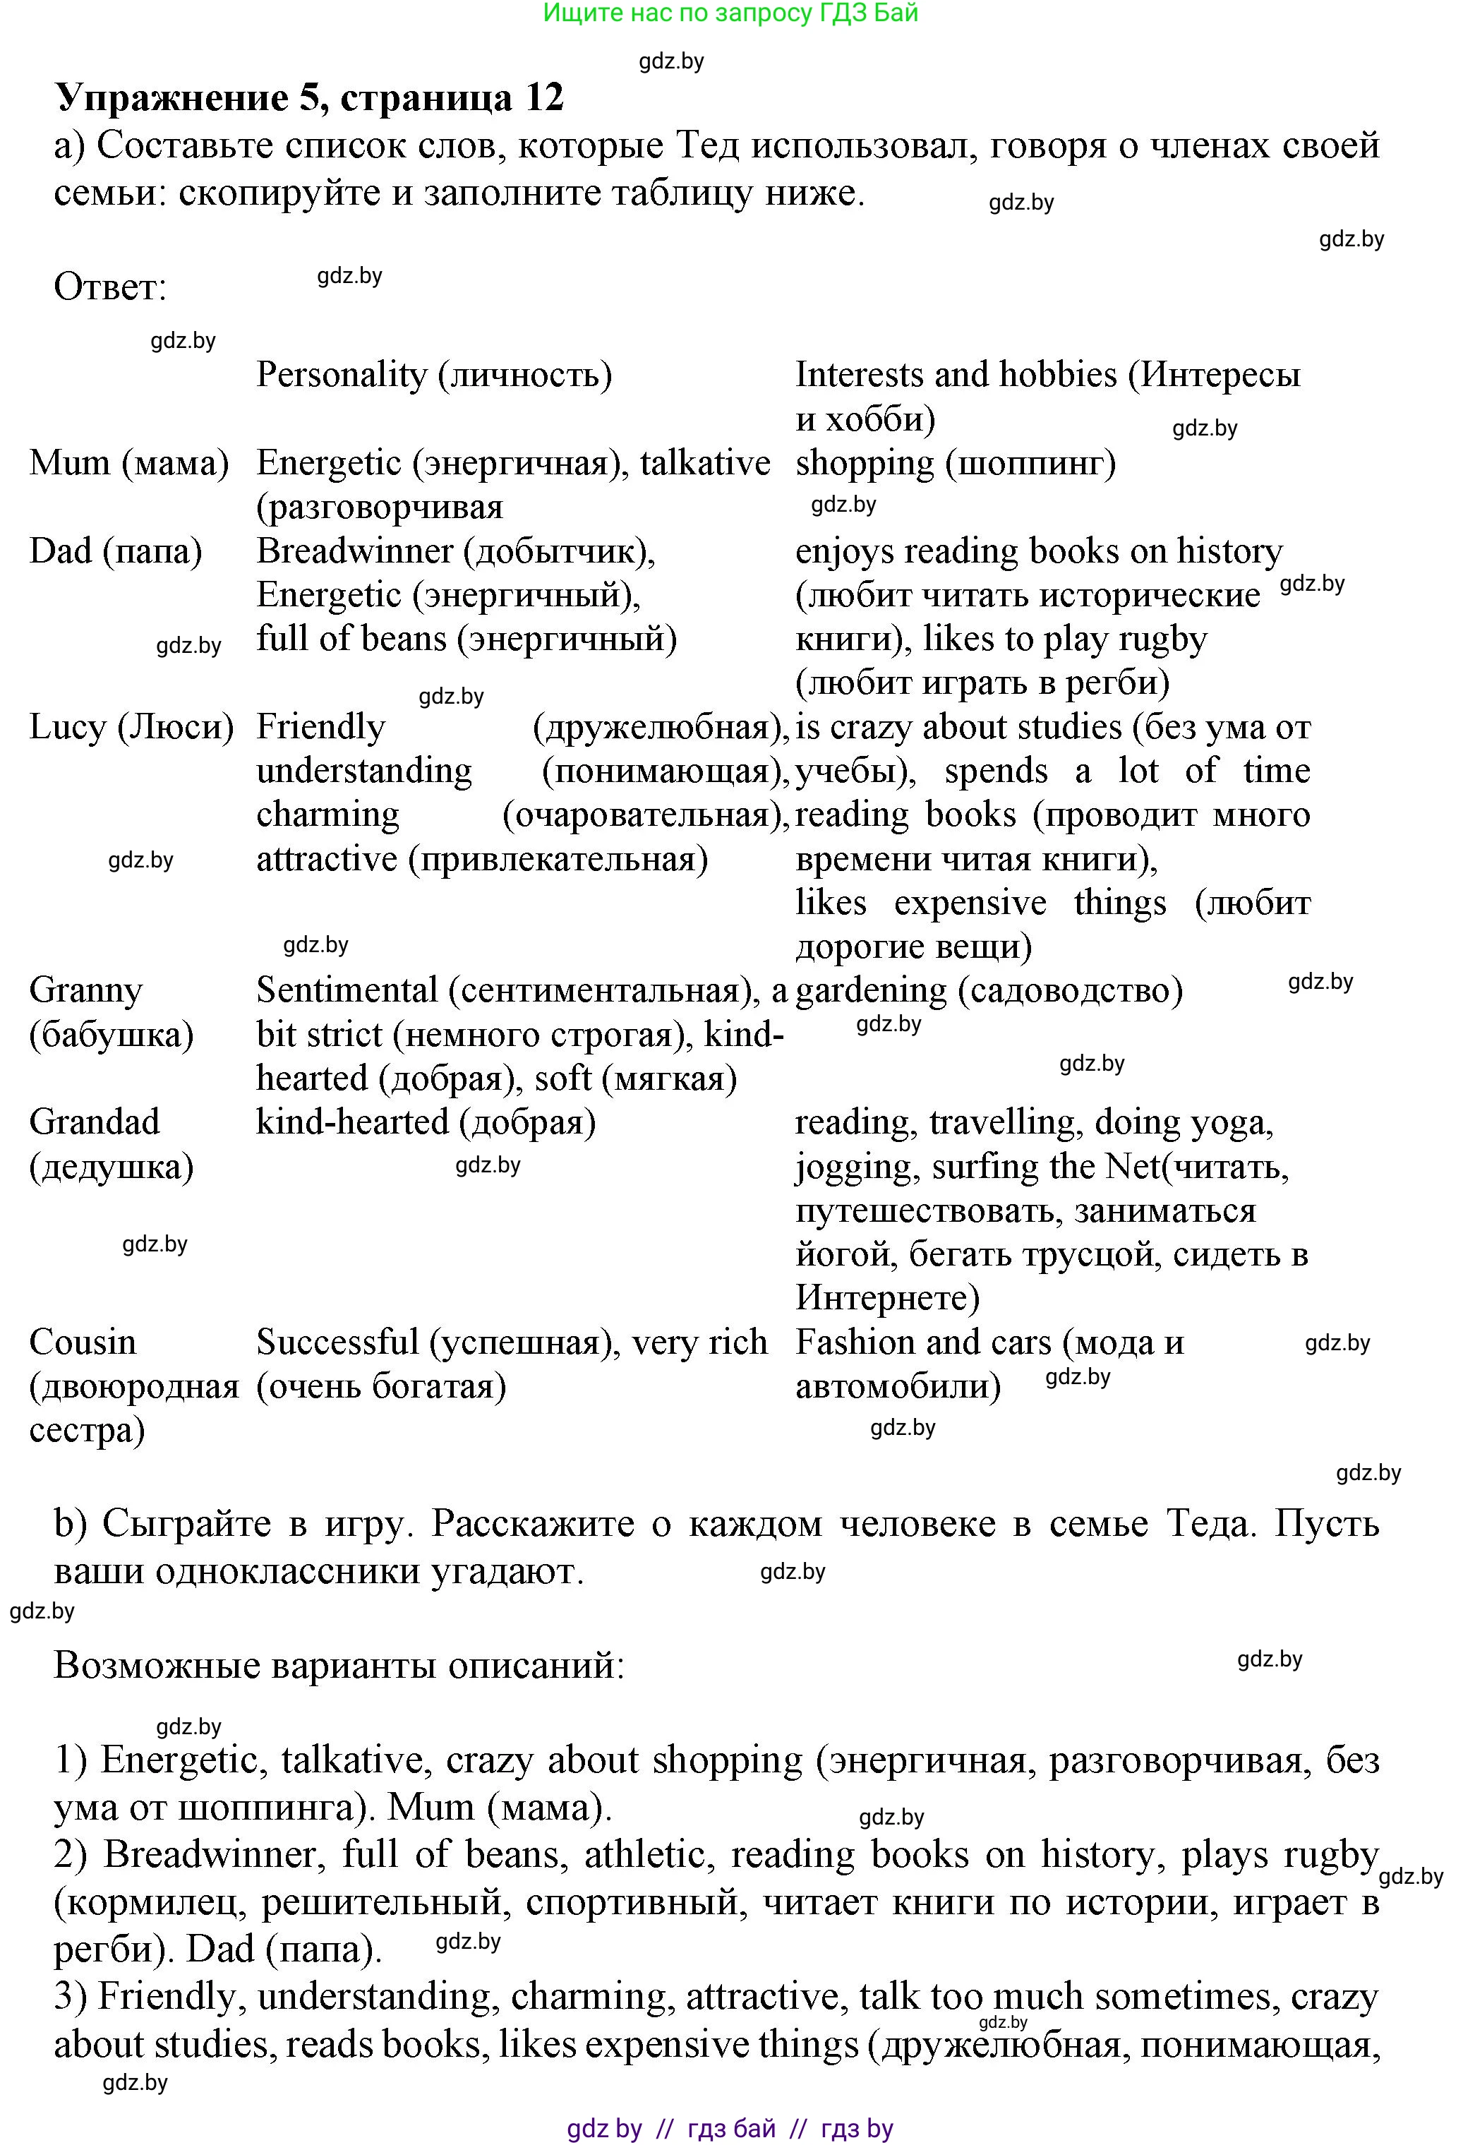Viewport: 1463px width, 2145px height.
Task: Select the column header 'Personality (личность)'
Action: [x=434, y=375]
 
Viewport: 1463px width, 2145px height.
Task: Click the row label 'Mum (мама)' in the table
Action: [x=129, y=462]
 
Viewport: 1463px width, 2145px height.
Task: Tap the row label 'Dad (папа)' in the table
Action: [x=115, y=551]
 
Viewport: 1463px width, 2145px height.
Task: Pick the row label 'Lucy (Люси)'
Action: [x=132, y=727]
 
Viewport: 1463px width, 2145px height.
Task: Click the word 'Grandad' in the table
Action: [x=94, y=1122]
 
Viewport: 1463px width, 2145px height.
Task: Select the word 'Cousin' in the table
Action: [x=82, y=1342]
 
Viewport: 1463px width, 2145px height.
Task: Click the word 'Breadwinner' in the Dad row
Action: [x=354, y=551]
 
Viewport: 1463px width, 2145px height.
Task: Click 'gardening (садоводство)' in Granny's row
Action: [x=989, y=990]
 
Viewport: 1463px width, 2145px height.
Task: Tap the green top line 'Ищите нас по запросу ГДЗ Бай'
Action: [x=730, y=13]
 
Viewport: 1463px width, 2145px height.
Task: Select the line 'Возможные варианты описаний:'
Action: [x=339, y=1666]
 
